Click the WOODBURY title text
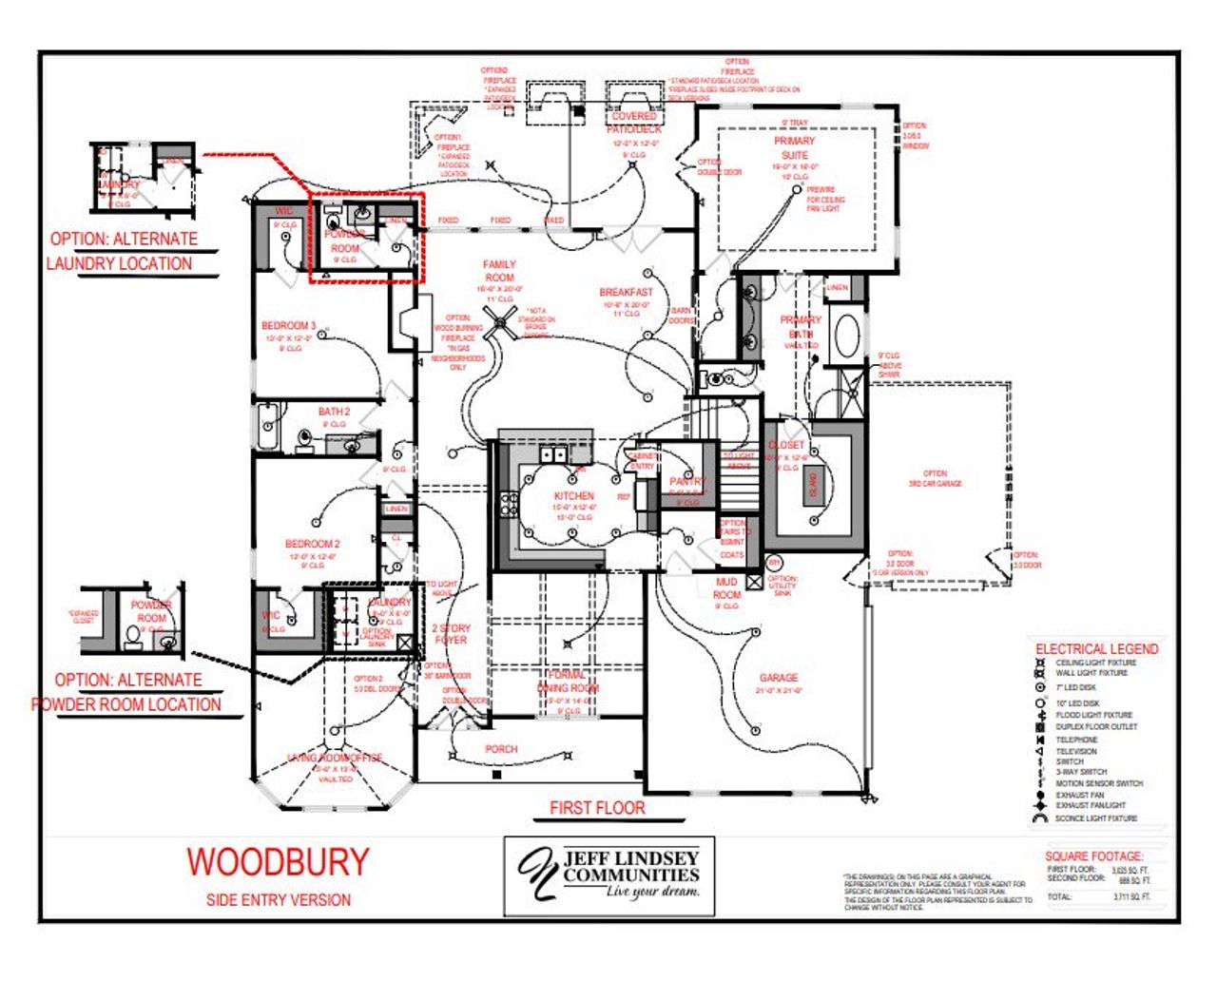[x=278, y=861]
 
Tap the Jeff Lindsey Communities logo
[x=608, y=875]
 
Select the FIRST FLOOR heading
[x=597, y=808]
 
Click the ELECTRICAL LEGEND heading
[x=1096, y=648]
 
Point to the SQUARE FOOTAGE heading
[x=1093, y=856]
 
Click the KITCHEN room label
[x=574, y=496]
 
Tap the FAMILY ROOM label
[x=499, y=271]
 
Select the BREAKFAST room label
[x=626, y=293]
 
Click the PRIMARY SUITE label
[x=795, y=147]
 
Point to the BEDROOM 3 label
[x=289, y=326]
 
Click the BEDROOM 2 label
[x=313, y=545]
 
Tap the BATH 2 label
[x=334, y=412]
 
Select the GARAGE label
[x=779, y=678]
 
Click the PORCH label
[x=501, y=749]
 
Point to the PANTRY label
[x=687, y=482]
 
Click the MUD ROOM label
[x=726, y=588]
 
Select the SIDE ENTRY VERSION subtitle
[x=278, y=899]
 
